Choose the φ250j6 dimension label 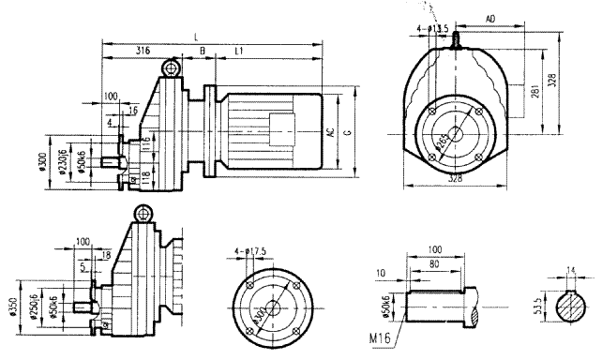pos(37,306)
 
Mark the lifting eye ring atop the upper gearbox pos(171,68)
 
